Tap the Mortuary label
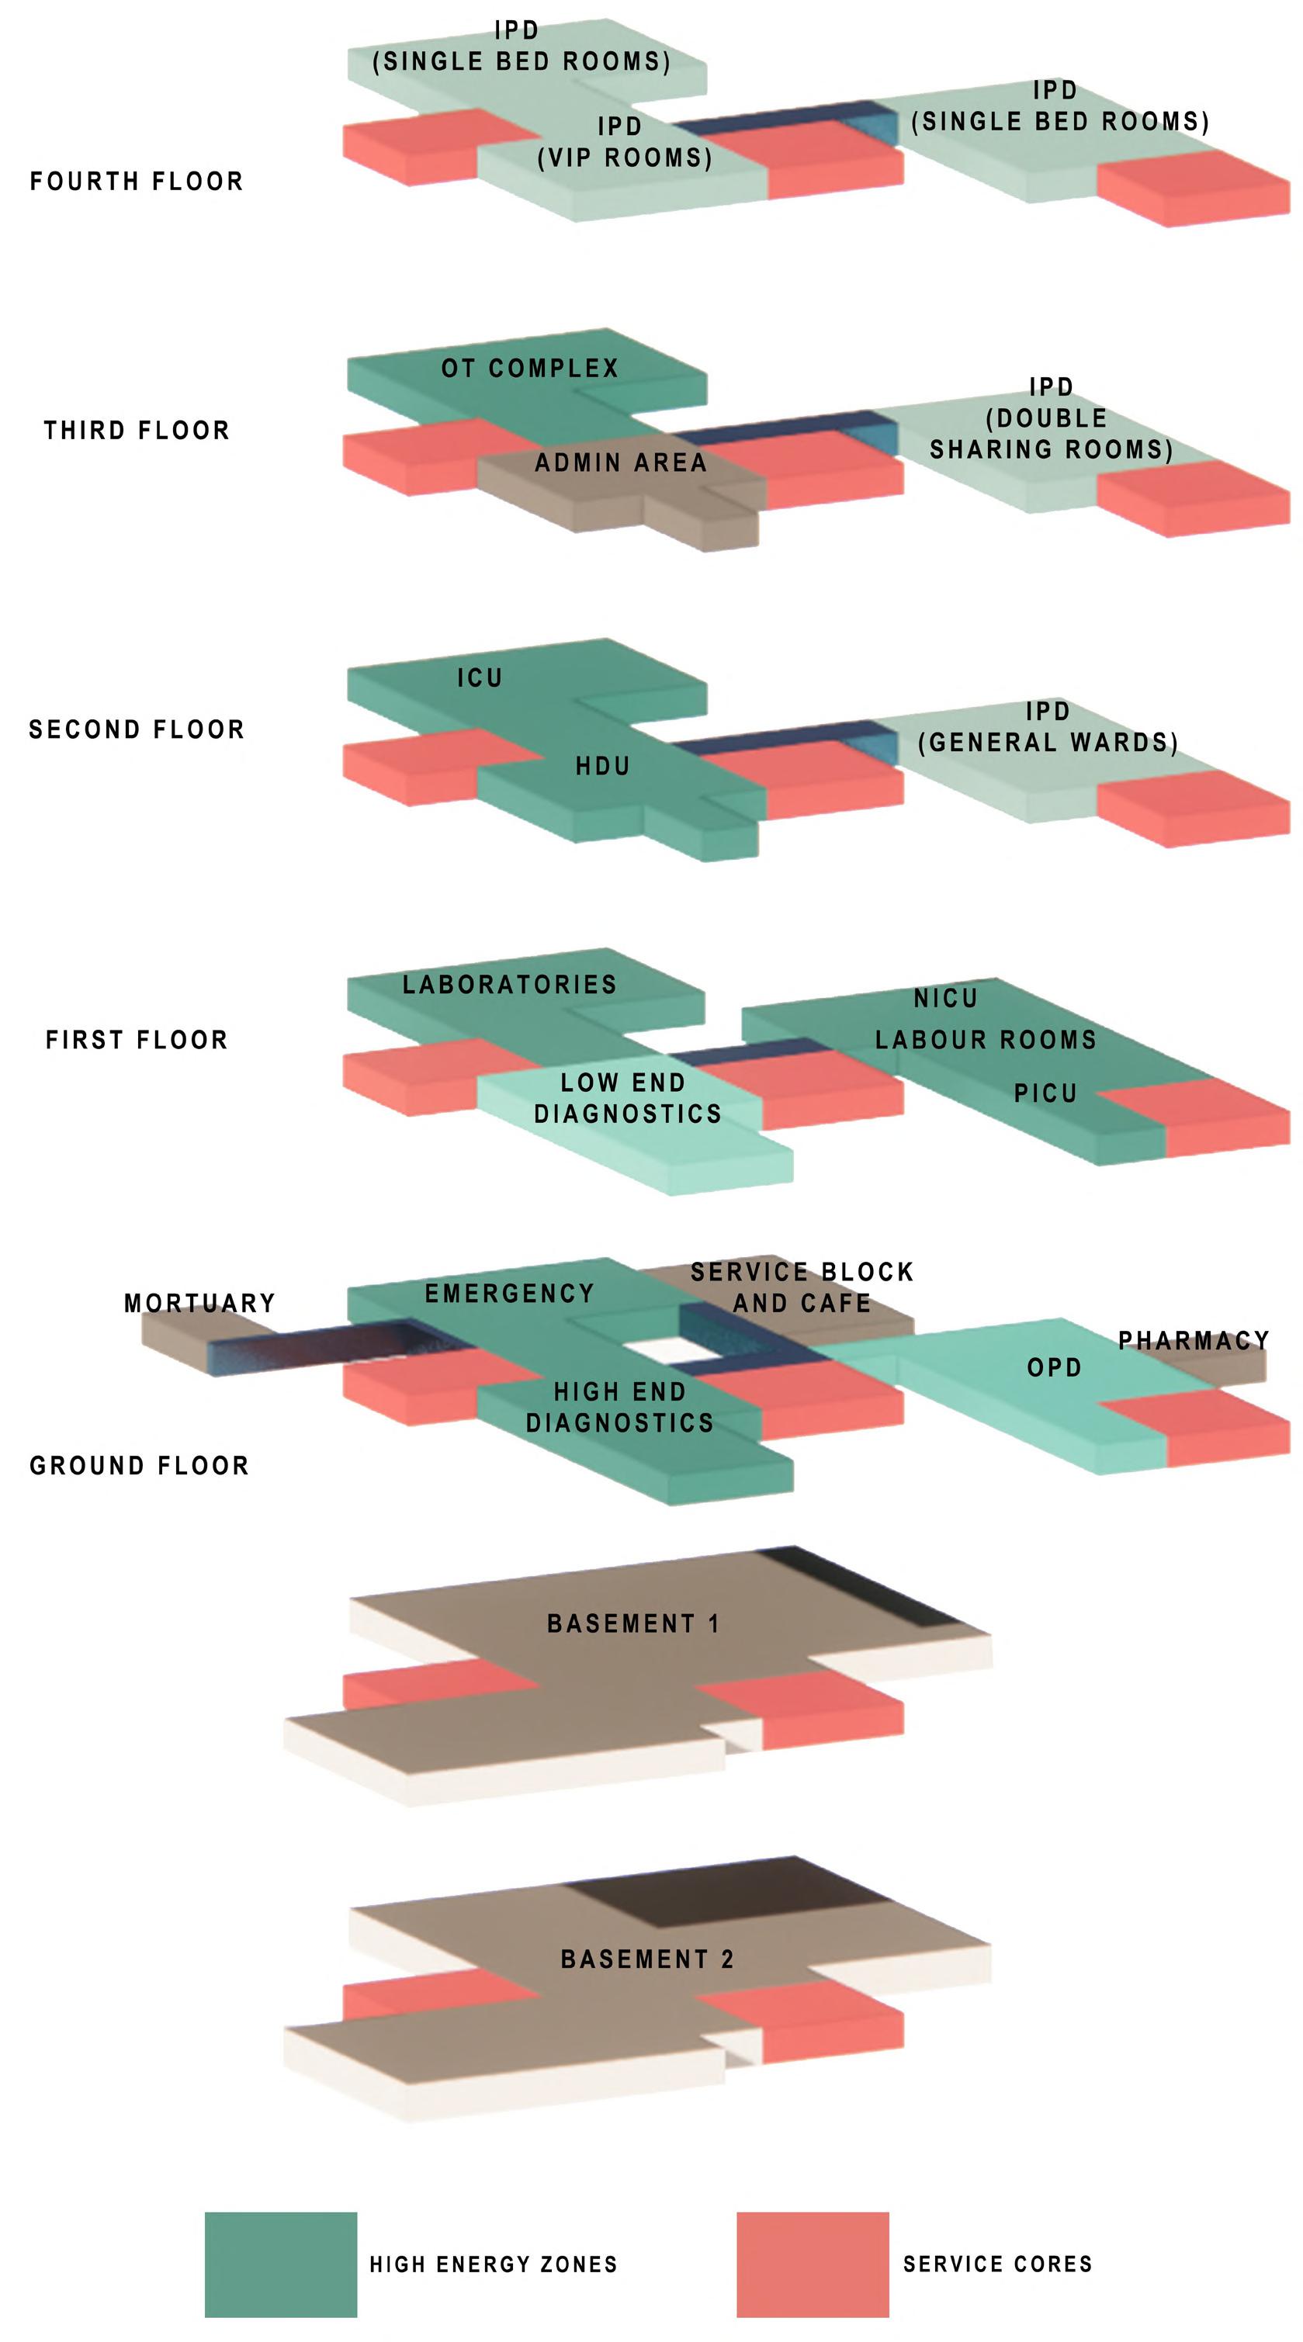point(200,1303)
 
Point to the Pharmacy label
point(1193,1340)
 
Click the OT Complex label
point(530,368)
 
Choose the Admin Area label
point(621,463)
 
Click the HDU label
point(603,767)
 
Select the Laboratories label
point(509,985)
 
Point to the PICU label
point(1045,1093)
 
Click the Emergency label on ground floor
point(509,1293)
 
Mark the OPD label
point(1054,1367)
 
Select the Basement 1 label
point(632,1623)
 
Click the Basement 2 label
point(646,1959)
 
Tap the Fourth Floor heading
point(137,182)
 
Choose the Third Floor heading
point(137,430)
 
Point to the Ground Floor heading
point(139,1466)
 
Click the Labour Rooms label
point(986,1040)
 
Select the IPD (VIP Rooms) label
point(624,143)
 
